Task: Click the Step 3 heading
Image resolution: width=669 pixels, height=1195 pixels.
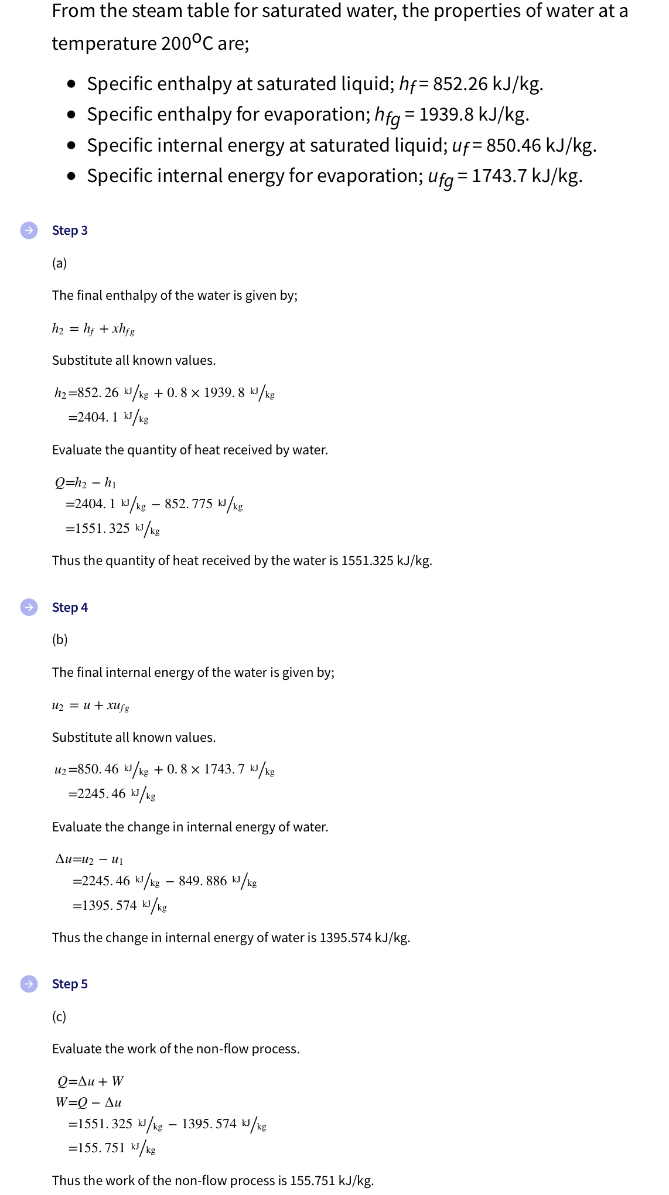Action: click(x=70, y=230)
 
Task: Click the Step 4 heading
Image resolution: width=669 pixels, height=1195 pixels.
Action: click(x=70, y=607)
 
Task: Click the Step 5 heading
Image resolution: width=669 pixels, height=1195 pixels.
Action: click(x=70, y=984)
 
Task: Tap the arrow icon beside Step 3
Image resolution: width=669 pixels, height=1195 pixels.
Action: click(x=29, y=230)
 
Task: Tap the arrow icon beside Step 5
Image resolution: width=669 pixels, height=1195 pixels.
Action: click(x=29, y=984)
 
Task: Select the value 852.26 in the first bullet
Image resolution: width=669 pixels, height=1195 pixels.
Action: click(x=460, y=84)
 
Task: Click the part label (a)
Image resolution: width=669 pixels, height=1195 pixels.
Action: click(x=59, y=263)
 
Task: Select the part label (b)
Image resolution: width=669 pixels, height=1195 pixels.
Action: click(x=60, y=639)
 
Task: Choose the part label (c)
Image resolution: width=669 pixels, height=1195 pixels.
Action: click(x=59, y=1016)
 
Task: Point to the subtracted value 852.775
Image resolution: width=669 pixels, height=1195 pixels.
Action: click(x=188, y=504)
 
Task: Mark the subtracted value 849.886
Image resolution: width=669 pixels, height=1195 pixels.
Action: click(x=202, y=881)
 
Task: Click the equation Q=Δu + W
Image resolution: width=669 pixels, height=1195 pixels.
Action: click(x=91, y=1081)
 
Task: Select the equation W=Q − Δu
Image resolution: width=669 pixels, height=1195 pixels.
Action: click(x=88, y=1102)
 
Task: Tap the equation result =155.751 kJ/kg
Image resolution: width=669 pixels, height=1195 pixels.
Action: click(x=111, y=1148)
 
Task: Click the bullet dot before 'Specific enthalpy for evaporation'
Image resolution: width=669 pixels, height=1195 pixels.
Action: click(x=71, y=115)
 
